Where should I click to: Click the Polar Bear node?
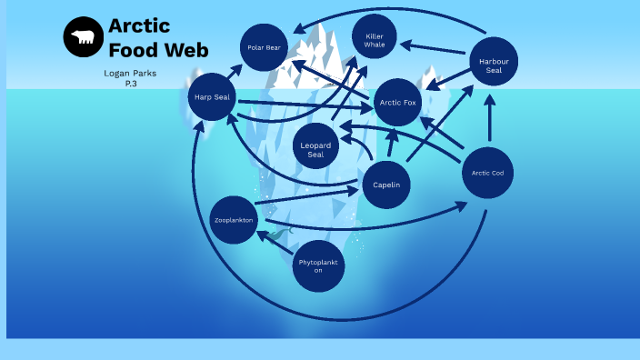point(266,47)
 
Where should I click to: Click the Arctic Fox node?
point(397,103)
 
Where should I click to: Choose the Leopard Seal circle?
point(316,149)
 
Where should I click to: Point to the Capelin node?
point(386,185)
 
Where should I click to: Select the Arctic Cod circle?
point(487,173)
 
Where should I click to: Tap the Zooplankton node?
point(234,221)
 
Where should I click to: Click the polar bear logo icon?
point(83,36)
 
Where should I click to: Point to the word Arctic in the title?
point(138,25)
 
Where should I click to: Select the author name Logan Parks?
point(131,73)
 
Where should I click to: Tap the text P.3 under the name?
point(131,84)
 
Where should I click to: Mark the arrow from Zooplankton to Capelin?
point(309,196)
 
